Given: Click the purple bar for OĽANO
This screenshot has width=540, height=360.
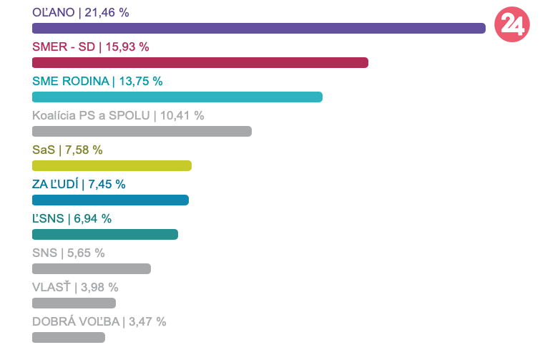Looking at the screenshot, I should (x=259, y=29).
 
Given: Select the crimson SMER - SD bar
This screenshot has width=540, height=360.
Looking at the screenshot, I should (x=200, y=63).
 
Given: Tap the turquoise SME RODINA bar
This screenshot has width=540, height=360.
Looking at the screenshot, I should (x=177, y=97).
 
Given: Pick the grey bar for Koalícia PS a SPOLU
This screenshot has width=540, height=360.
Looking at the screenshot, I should (x=142, y=132).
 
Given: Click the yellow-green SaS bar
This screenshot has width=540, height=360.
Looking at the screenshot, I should (x=112, y=166).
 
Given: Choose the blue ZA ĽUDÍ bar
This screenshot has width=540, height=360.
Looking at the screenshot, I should (x=110, y=200).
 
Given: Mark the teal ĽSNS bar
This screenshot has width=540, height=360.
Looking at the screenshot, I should (x=105, y=235).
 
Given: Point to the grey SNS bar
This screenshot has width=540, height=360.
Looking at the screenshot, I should (x=92, y=269).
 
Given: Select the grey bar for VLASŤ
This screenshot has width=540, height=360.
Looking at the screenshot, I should (x=74, y=303).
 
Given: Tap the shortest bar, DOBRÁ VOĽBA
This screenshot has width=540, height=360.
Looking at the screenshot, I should (x=69, y=337).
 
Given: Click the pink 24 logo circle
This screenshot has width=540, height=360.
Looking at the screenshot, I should (x=512, y=25).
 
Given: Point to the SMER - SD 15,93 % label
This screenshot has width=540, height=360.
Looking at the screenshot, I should (x=91, y=47).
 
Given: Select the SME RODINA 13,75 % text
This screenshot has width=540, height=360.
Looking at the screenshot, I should (x=97, y=81).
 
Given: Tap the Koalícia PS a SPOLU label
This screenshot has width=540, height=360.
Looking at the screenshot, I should (x=118, y=115).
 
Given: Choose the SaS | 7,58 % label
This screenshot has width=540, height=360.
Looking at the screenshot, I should (x=67, y=150).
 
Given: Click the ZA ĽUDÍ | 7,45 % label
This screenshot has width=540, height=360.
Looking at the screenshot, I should (x=79, y=184).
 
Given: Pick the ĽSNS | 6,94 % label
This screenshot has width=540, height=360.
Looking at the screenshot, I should (x=72, y=218).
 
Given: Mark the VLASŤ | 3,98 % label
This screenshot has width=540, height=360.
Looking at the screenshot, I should (x=75, y=287).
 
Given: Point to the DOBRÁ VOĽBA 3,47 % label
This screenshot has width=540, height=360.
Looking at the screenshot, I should (x=99, y=321).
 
